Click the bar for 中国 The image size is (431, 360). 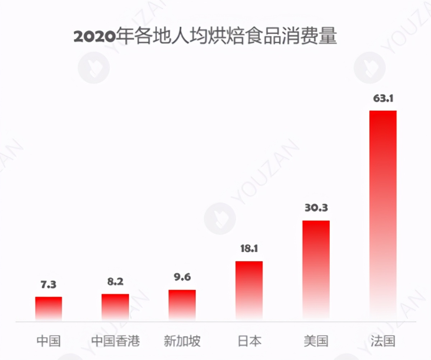[x=48, y=308]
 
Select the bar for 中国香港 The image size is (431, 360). [x=115, y=307]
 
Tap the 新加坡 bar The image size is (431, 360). [x=182, y=305]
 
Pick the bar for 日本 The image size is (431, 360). [x=249, y=290]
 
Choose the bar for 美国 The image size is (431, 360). [x=316, y=269]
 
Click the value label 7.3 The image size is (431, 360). [x=48, y=285]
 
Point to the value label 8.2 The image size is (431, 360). [x=115, y=281]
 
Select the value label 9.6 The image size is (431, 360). [x=182, y=277]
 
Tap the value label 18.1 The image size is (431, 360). [x=249, y=249]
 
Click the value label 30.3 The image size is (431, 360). [x=316, y=208]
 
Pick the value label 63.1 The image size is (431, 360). [x=383, y=98]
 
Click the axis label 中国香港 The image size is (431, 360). [x=115, y=341]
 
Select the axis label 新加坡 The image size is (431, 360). [x=182, y=341]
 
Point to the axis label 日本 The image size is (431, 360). [x=249, y=341]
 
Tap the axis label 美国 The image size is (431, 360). [x=316, y=341]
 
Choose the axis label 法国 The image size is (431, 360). [x=383, y=341]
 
